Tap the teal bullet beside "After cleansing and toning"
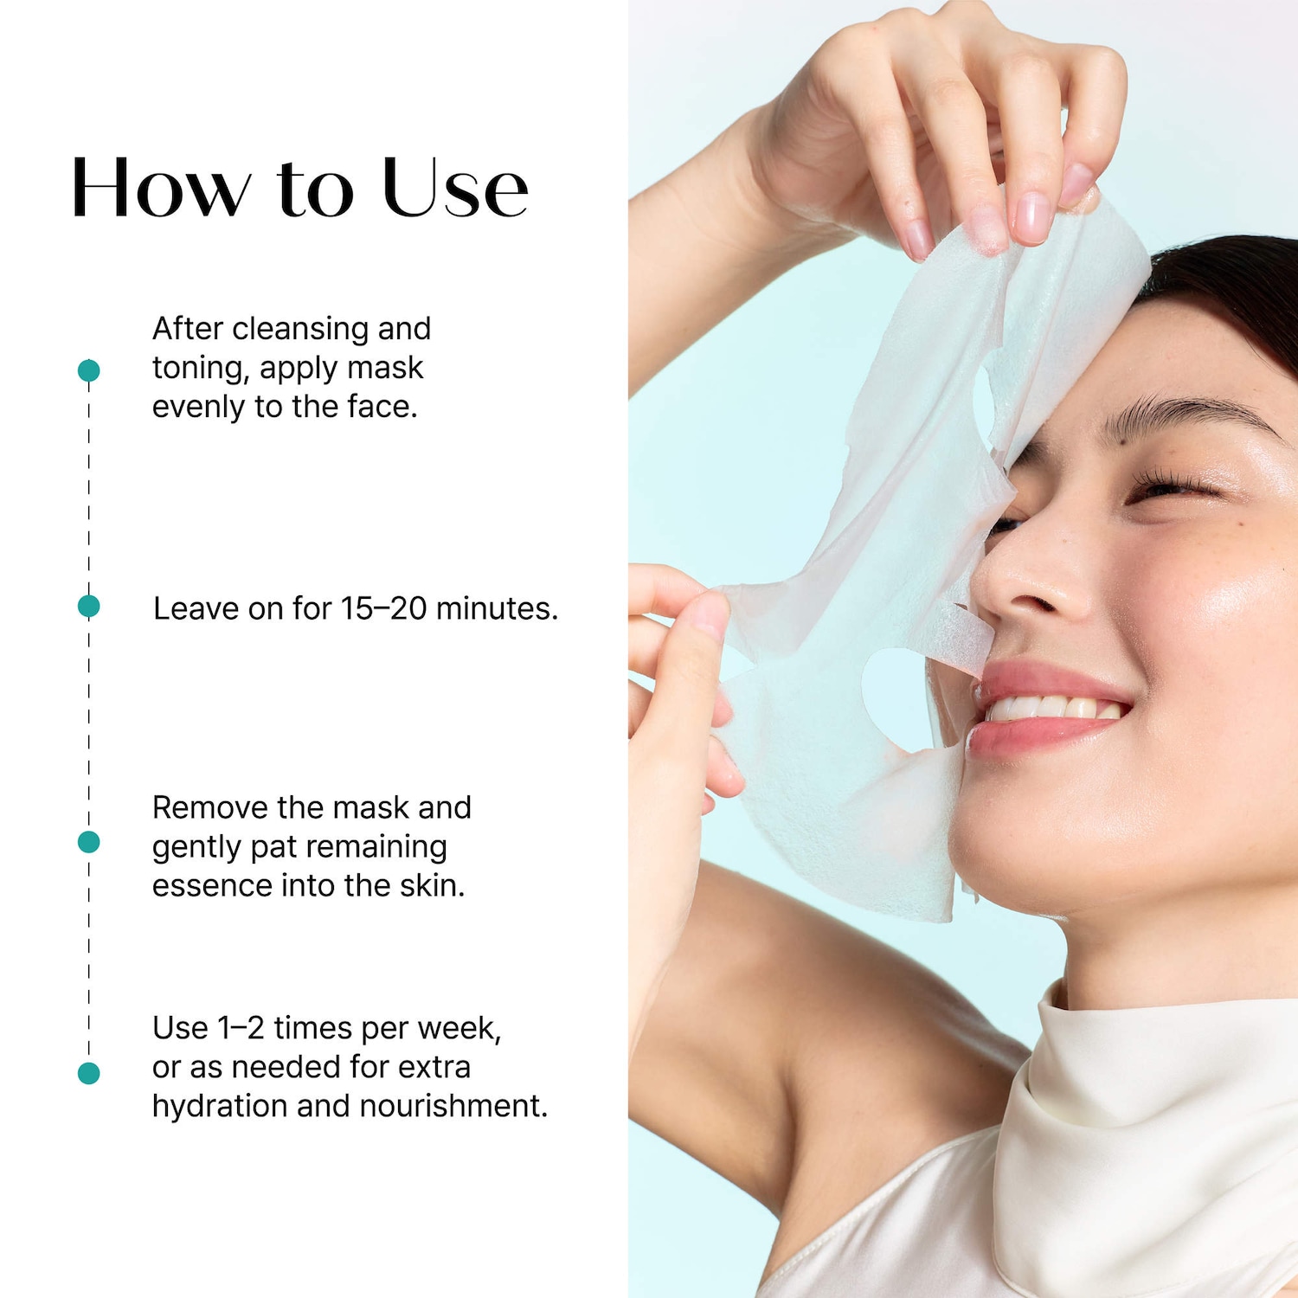pos(88,370)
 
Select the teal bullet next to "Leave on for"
pos(88,607)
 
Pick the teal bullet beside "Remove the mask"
pos(88,842)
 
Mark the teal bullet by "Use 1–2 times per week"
pos(88,1073)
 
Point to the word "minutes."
pos(497,608)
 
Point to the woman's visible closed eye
pos(1173,487)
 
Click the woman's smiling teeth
pos(1054,709)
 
